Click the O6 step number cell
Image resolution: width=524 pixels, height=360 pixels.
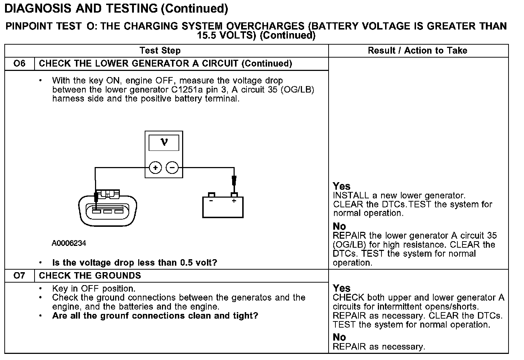coord(19,64)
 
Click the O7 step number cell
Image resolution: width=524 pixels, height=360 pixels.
coord(19,276)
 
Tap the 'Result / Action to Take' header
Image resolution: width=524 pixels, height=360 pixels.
coord(417,51)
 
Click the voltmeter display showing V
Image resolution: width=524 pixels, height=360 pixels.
coord(164,143)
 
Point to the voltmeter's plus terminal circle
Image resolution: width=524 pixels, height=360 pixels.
coord(155,168)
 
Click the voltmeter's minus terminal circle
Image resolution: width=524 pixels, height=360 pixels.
coord(172,168)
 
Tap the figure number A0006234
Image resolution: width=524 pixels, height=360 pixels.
coord(69,243)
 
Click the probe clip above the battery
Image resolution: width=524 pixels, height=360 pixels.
coord(234,180)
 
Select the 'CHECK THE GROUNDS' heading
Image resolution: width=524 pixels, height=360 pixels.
coord(90,276)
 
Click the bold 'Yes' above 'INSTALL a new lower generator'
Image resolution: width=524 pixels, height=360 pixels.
coord(342,186)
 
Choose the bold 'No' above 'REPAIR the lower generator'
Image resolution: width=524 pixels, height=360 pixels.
coord(339,226)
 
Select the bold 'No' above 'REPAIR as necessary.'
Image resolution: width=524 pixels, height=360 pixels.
coord(339,337)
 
